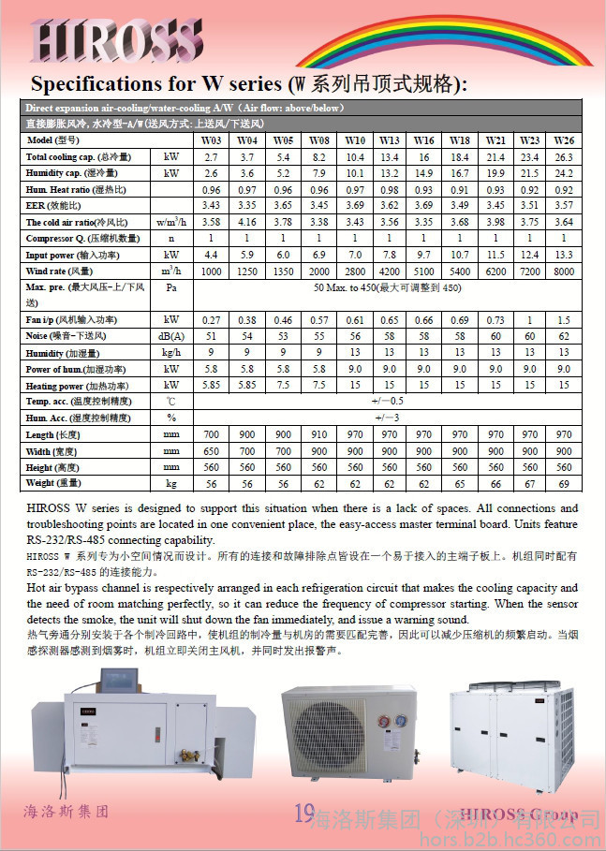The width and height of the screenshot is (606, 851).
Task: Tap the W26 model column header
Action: [564, 139]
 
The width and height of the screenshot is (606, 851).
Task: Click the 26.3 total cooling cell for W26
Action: [564, 156]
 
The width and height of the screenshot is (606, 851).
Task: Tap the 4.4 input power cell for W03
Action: [211, 255]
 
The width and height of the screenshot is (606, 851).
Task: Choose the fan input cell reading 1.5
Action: [564, 320]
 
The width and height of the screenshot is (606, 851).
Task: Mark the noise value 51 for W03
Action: [211, 335]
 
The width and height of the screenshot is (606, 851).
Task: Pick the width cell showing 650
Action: [211, 450]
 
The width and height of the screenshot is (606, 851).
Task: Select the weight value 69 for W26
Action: [564, 483]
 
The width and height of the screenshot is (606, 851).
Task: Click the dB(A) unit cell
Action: [171, 335]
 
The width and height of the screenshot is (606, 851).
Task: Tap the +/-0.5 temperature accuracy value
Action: [389, 401]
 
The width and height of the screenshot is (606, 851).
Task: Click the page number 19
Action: [304, 813]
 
